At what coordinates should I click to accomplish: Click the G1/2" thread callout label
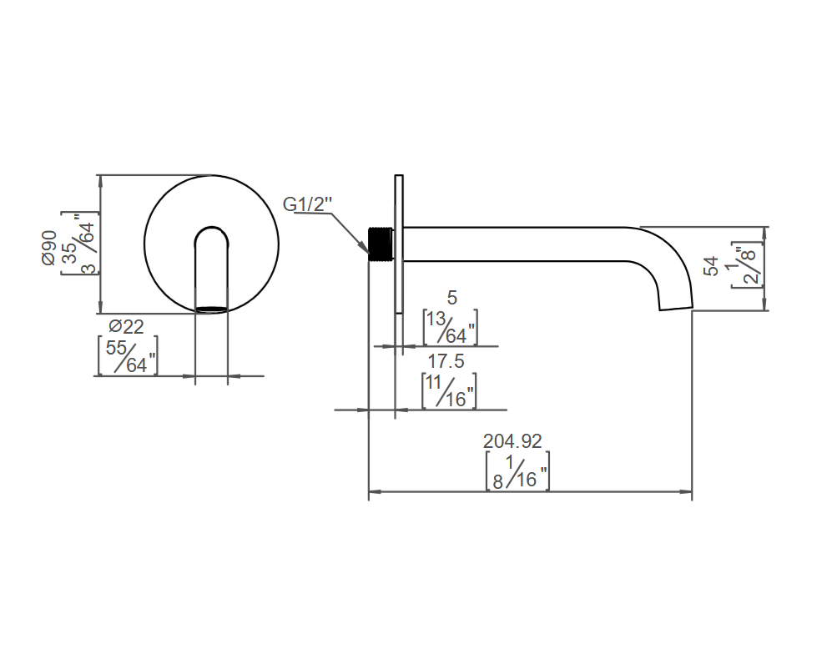point(307,204)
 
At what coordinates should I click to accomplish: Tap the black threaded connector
point(381,244)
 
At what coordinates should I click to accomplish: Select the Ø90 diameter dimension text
point(48,248)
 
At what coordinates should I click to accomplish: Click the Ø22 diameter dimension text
point(127,326)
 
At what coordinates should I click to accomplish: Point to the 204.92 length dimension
point(512,441)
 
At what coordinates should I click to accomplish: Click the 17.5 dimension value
point(446,361)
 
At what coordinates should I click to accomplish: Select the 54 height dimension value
point(711,266)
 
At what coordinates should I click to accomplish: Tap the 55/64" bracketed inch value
point(129,356)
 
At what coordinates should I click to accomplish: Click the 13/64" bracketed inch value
point(450,327)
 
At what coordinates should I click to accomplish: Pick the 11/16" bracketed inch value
point(449,391)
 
